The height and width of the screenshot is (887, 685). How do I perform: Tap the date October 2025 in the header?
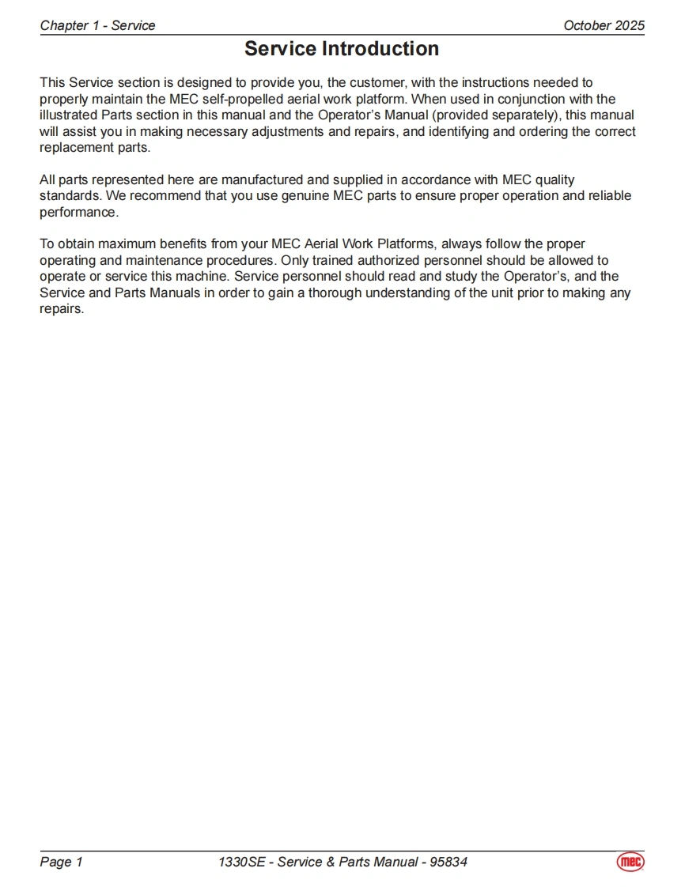pos(604,25)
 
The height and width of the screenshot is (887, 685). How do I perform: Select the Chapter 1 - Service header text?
pos(97,25)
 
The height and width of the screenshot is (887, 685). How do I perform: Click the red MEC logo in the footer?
pos(630,862)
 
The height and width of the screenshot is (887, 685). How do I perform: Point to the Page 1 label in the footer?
pos(61,862)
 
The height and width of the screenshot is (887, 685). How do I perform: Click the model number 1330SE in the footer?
pos(242,862)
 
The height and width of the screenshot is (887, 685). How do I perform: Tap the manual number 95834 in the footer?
pos(448,862)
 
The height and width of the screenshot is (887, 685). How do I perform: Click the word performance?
pos(78,213)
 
